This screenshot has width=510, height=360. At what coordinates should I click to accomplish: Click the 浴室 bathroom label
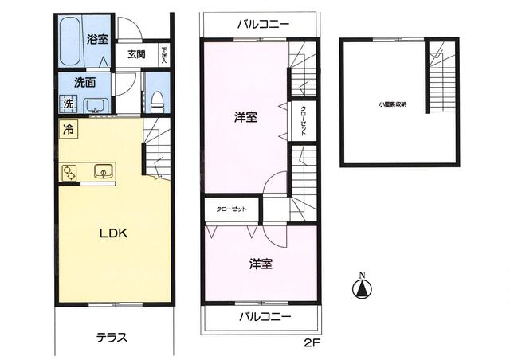coord(97,39)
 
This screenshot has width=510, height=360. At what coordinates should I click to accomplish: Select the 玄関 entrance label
coord(136,55)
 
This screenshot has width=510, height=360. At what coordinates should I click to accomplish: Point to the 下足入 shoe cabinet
coord(163,54)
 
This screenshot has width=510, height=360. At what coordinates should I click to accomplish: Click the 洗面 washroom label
coord(85,81)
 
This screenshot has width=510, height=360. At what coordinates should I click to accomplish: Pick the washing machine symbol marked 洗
coord(69,104)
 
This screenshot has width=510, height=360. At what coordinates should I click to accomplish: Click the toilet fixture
coord(157,100)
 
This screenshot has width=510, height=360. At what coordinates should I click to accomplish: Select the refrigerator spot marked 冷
coord(69,129)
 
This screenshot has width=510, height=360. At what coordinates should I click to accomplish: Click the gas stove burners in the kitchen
coord(69,171)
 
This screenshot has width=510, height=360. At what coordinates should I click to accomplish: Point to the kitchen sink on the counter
coord(104,170)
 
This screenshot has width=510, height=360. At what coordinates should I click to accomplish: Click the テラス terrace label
coord(112,337)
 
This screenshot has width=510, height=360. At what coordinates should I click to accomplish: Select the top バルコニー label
coord(262,24)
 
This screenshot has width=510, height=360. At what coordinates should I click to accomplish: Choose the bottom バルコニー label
coord(265,316)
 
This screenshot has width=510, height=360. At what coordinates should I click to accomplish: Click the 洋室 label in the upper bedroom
coord(245,117)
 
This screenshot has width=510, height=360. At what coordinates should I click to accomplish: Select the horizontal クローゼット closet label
coord(231,209)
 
